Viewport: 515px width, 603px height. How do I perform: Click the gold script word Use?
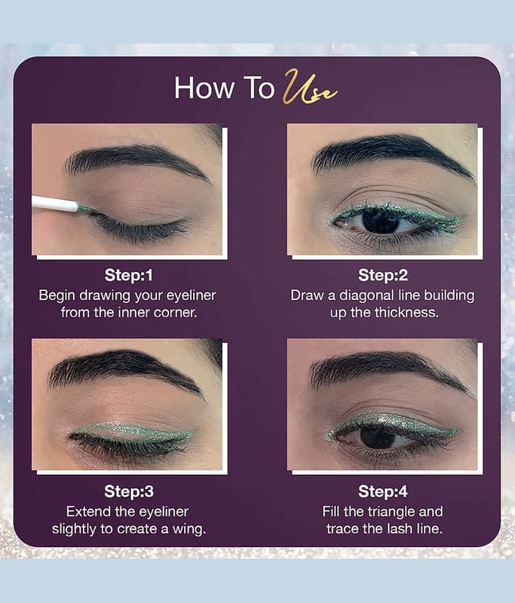310,88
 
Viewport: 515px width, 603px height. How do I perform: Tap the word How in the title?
204,88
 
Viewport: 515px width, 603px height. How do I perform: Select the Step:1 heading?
128,275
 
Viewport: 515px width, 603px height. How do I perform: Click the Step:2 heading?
382,275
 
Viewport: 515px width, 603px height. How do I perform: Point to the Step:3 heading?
128,491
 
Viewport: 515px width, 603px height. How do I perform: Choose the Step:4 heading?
382,491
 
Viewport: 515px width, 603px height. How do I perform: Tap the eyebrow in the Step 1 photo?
136,161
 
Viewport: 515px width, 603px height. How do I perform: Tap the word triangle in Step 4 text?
388,512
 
